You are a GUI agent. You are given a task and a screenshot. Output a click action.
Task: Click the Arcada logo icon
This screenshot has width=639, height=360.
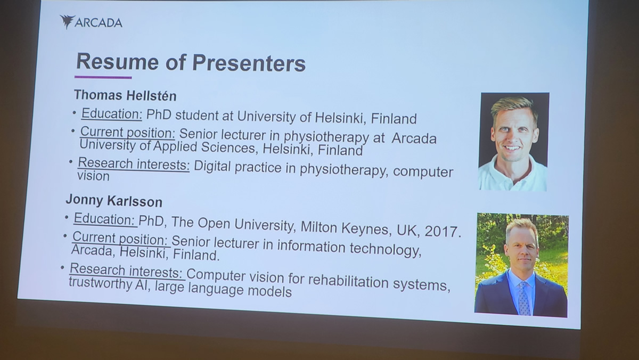tap(68, 22)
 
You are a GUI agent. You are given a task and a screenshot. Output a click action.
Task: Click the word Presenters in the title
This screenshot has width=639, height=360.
tap(249, 62)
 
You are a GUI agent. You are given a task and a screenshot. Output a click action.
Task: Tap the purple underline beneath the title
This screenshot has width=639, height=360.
tap(103, 77)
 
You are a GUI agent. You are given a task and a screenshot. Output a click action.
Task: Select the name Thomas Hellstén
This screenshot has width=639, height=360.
tap(125, 95)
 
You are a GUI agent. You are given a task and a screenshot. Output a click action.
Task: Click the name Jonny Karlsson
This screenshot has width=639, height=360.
tap(114, 201)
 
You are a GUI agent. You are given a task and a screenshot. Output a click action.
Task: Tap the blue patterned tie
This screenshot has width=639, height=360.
tap(525, 298)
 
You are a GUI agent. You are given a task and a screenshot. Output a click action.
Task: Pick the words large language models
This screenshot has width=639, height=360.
tap(223, 289)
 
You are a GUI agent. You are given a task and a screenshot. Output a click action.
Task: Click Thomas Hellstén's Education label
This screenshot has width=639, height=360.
tap(111, 114)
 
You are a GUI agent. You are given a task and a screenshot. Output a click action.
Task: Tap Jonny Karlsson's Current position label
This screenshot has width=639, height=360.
tap(121, 239)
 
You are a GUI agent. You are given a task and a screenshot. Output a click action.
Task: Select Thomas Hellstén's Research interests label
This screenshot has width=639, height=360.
tap(134, 164)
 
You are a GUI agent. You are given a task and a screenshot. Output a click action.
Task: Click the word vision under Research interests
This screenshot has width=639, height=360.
tap(93, 176)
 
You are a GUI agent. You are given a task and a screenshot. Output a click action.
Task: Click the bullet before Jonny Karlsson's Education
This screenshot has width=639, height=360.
tap(67, 218)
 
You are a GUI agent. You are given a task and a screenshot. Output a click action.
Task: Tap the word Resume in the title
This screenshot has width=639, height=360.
tap(118, 61)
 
